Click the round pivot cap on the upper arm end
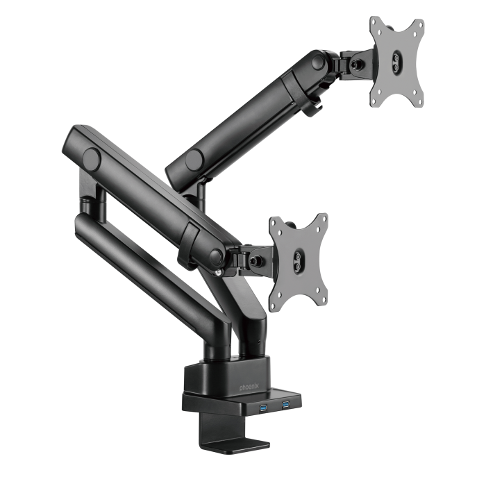point(318,62)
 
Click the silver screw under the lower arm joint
point(219,273)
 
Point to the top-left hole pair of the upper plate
point(376,26)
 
